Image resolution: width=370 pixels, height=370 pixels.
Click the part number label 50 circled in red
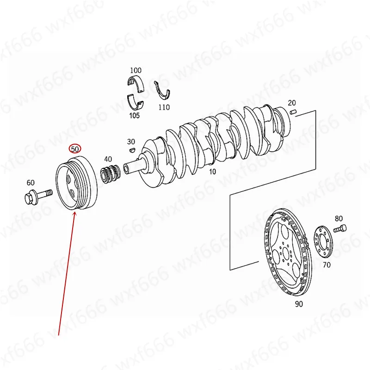pos(75,149)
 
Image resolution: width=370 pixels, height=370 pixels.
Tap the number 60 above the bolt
pos(31,183)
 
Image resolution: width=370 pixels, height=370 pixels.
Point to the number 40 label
pos(108,159)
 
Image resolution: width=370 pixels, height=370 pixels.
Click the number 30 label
pos(131,142)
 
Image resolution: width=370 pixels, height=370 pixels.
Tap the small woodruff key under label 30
pos(131,150)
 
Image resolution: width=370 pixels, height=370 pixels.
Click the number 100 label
pos(136,70)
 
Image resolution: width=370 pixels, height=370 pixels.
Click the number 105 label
pos(134,116)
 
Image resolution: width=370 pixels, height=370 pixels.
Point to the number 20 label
pos(291,103)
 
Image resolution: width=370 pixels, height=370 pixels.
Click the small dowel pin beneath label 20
pos(292,112)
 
